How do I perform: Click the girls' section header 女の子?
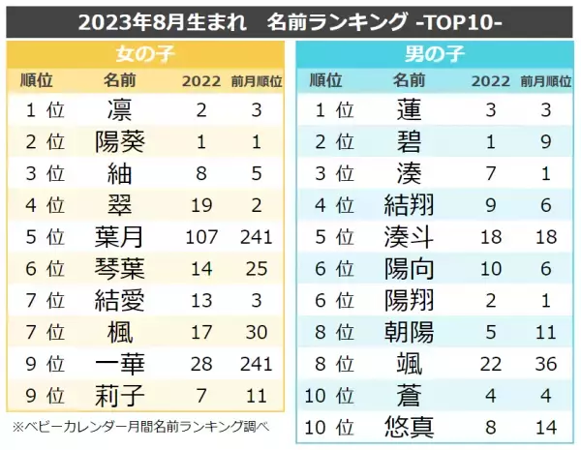point(145,53)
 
